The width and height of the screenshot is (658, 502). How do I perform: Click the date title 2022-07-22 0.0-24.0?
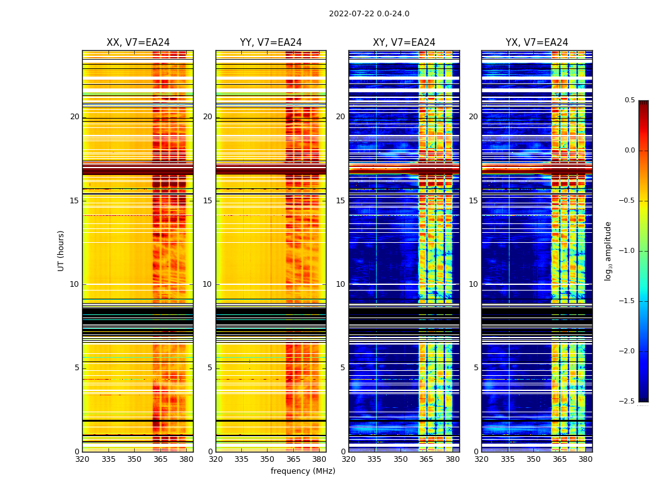(x=369, y=14)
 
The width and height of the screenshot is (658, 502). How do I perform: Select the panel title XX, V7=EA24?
(x=138, y=43)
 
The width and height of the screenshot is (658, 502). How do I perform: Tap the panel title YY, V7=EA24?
(x=271, y=43)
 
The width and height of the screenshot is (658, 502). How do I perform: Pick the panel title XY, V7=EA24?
(x=404, y=43)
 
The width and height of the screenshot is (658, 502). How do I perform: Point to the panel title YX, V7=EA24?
(x=537, y=43)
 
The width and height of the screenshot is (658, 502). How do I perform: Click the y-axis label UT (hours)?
(x=61, y=250)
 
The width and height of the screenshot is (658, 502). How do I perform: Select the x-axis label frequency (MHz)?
(x=303, y=471)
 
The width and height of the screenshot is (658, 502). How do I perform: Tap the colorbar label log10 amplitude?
(x=608, y=250)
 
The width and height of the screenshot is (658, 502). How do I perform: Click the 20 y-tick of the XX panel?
(x=75, y=117)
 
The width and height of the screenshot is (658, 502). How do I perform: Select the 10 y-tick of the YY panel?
(x=207, y=284)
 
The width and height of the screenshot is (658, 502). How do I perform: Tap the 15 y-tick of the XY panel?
(x=340, y=201)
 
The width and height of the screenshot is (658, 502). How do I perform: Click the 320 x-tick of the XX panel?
(x=82, y=459)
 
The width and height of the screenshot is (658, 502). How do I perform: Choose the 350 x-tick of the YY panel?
(x=268, y=459)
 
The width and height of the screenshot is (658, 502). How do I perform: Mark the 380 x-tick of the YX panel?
(x=585, y=459)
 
